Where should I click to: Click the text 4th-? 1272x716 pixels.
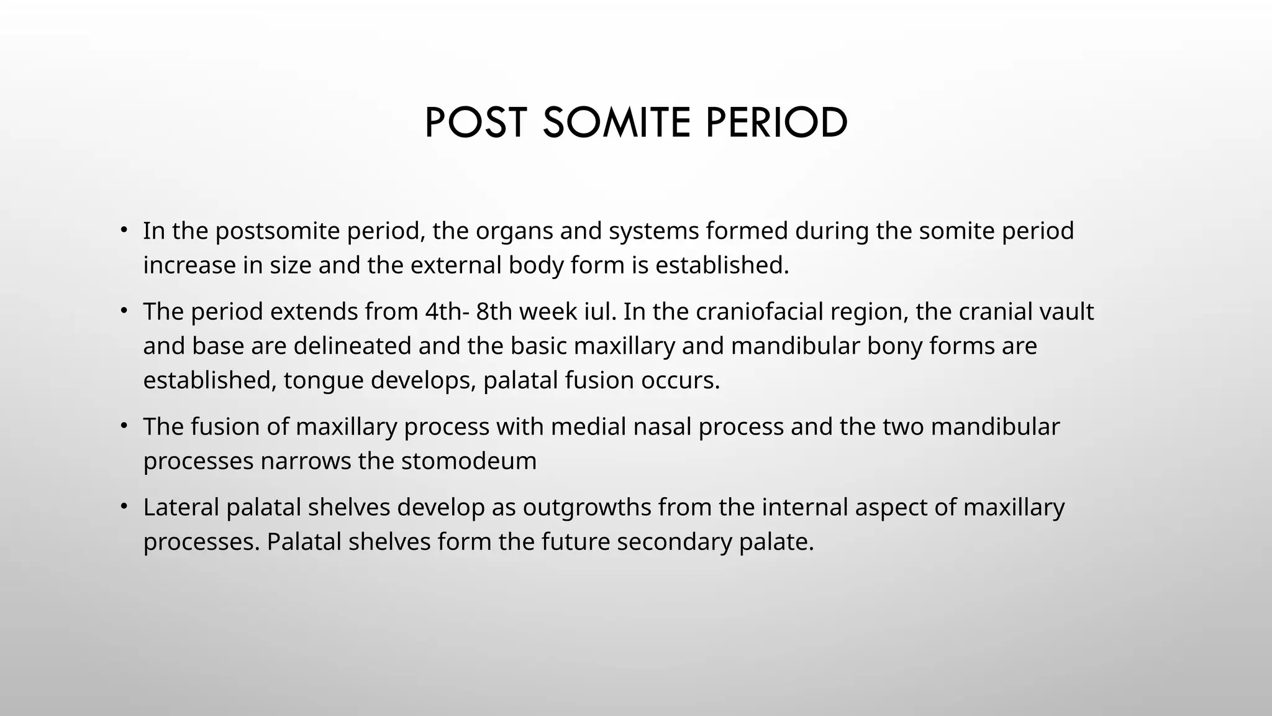(x=447, y=311)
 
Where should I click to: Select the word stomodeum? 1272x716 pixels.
(x=469, y=461)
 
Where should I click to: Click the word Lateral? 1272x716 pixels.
(x=181, y=507)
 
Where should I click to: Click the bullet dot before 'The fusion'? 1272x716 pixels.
(x=124, y=426)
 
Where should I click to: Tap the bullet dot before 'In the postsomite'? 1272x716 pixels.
(x=124, y=230)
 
